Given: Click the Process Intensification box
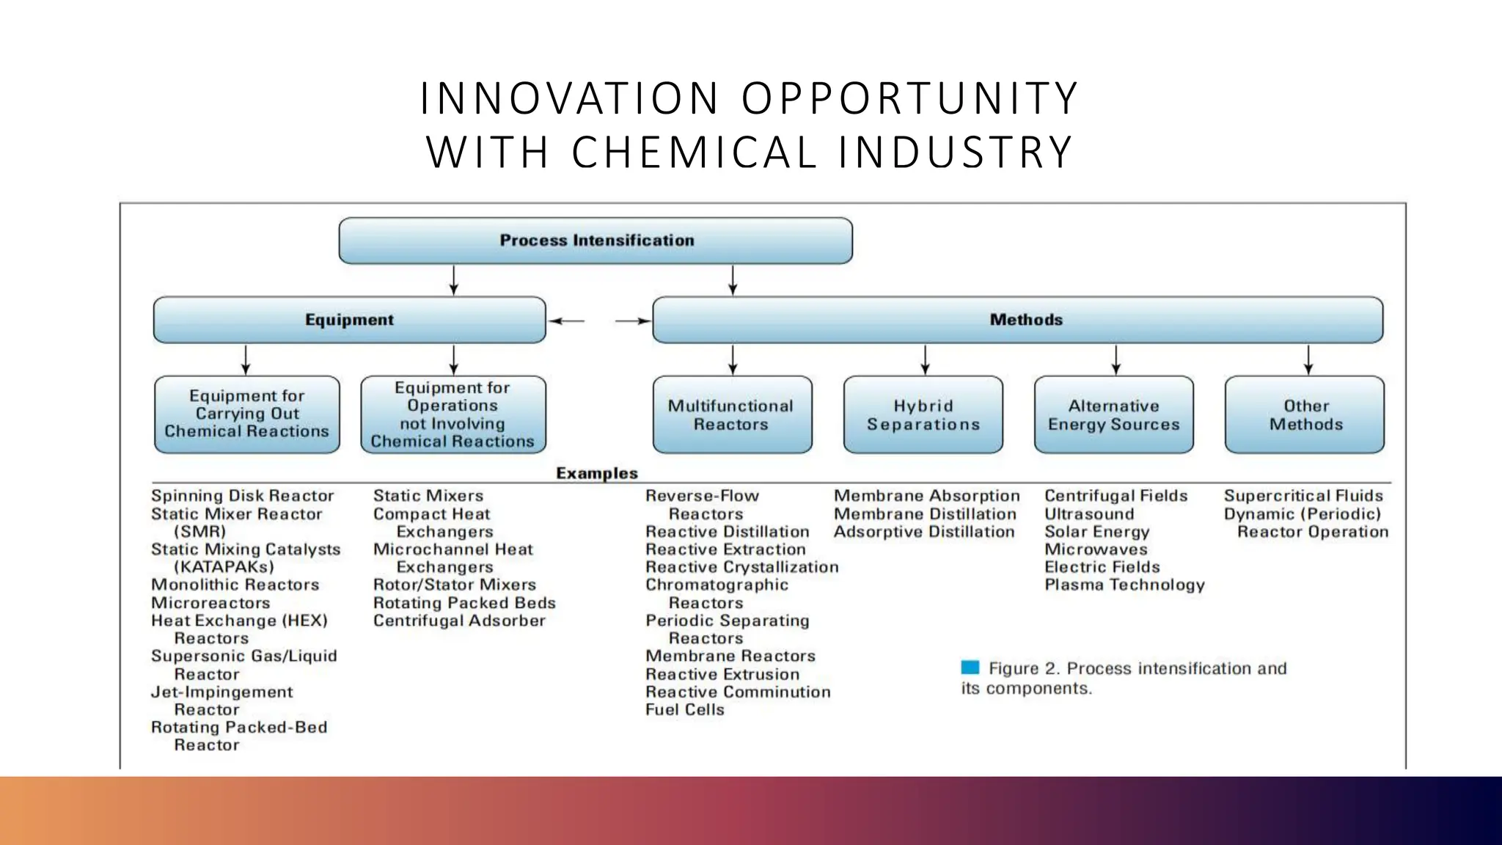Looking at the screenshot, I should [596, 241].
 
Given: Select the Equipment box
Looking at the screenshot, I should [349, 320].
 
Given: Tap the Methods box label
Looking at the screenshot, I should [1025, 320].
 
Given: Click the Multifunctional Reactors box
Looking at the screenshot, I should [731, 415].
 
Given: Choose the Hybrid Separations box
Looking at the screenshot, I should [923, 415].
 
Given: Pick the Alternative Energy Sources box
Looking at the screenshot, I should [1113, 415].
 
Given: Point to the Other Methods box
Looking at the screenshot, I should [1305, 415].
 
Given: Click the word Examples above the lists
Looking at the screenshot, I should [596, 473].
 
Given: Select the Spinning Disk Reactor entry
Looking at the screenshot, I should [242, 496].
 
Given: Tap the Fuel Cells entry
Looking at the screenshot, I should [684, 709].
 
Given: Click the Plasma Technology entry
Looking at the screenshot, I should [1124, 585].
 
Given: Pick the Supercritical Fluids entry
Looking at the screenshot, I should [1303, 496].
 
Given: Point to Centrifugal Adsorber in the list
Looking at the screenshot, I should [459, 621].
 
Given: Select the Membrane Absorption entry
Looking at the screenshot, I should [926, 496].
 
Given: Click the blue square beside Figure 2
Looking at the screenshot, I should [970, 667].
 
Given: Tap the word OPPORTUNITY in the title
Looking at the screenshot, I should [909, 98].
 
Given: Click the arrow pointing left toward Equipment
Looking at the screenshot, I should [566, 321].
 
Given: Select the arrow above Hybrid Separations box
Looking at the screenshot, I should [925, 360].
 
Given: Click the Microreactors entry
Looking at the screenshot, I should [210, 603].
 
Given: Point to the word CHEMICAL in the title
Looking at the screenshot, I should [694, 153].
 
